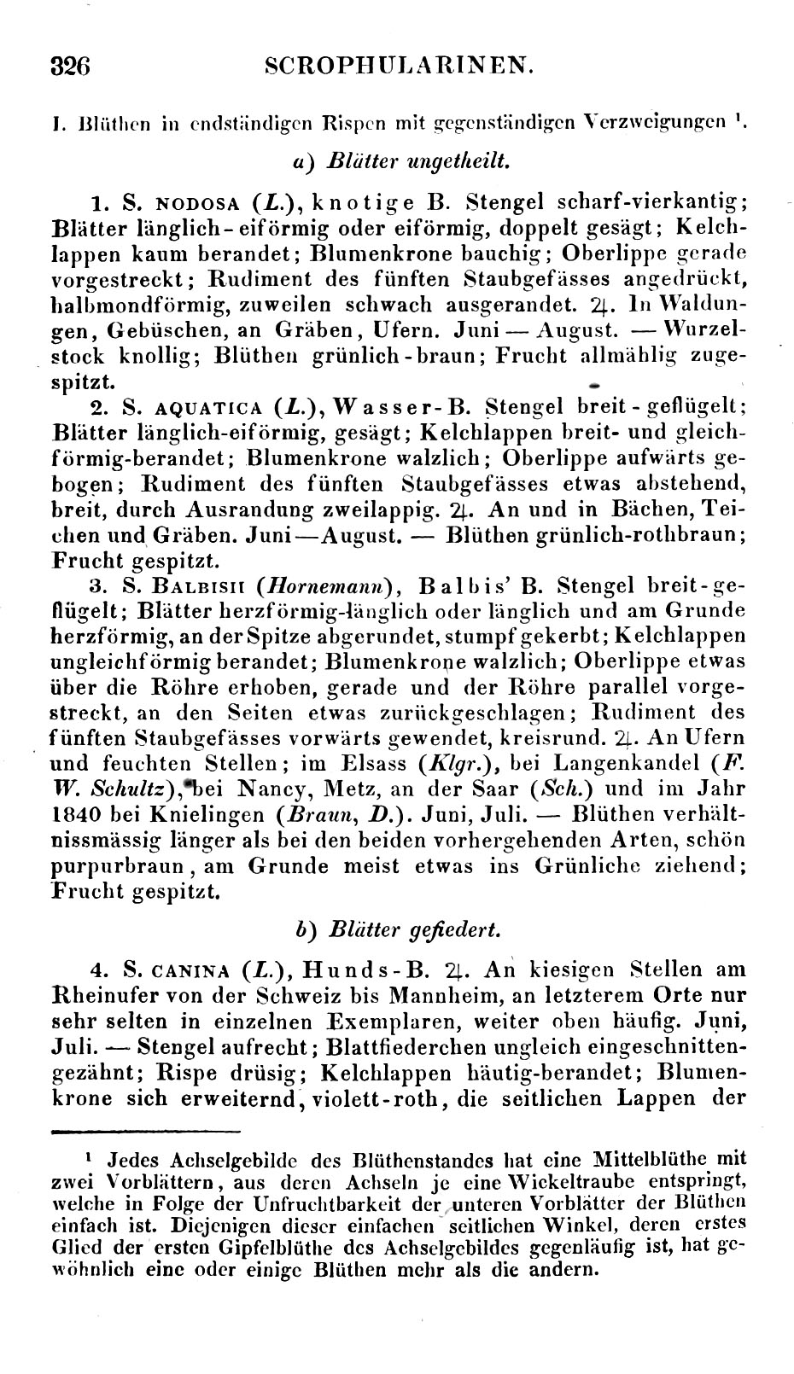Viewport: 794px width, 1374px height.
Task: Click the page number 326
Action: pyautogui.click(x=71, y=66)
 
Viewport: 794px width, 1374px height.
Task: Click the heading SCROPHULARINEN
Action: pyautogui.click(x=400, y=66)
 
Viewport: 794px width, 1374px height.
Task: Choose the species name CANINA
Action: pyautogui.click(x=189, y=970)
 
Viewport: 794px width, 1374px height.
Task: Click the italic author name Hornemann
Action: pyautogui.click(x=329, y=586)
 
